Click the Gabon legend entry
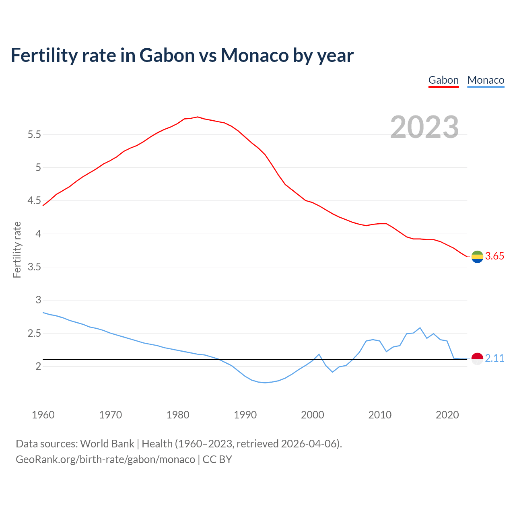click(x=443, y=80)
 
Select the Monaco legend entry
click(x=486, y=80)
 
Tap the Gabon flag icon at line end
click(x=477, y=257)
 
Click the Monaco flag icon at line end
click(x=477, y=358)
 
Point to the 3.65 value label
click(x=494, y=256)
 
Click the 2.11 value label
click(x=494, y=358)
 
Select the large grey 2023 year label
click(x=424, y=127)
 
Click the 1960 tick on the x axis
click(x=43, y=415)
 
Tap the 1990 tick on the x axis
click(x=245, y=415)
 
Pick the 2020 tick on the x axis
click(x=447, y=415)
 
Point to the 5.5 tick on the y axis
click(x=34, y=134)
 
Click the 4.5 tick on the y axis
click(x=34, y=201)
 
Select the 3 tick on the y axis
click(x=39, y=300)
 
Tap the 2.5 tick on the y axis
click(x=34, y=334)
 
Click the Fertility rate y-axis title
click(x=17, y=249)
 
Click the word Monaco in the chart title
click(x=255, y=55)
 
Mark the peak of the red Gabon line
click(x=198, y=117)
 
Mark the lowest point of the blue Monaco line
click(x=265, y=383)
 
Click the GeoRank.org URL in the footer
click(x=105, y=459)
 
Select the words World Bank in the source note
click(x=107, y=444)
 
